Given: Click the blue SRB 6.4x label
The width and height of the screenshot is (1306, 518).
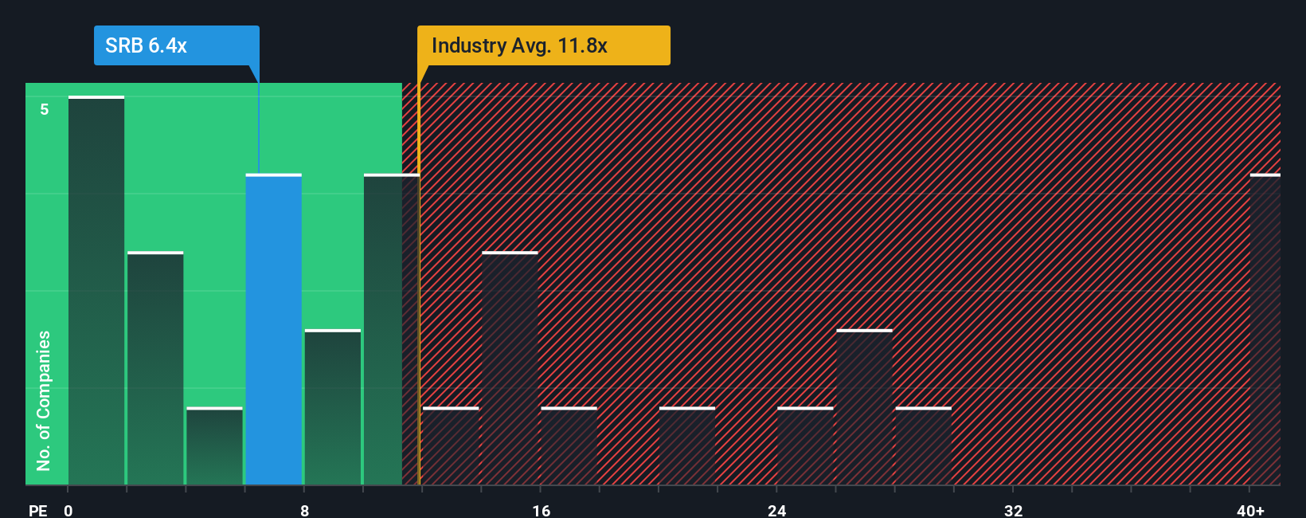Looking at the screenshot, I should (x=176, y=45).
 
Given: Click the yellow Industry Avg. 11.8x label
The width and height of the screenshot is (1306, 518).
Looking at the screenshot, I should (x=543, y=45).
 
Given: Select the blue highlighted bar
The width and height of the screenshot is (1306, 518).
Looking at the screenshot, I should (x=273, y=329).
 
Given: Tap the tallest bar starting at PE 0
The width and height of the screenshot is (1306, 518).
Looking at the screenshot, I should (x=96, y=291).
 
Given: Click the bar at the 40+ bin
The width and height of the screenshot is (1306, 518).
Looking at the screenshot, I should (x=1265, y=329).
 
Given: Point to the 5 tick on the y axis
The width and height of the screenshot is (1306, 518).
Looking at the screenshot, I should (x=45, y=109).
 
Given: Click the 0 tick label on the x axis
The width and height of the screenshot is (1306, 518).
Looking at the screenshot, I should (x=68, y=510).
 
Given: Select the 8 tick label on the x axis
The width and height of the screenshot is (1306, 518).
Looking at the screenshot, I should (x=304, y=510).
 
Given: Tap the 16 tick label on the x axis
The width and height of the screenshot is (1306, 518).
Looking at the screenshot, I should (x=541, y=510).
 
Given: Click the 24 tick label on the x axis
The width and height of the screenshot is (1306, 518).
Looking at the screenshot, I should (x=776, y=510).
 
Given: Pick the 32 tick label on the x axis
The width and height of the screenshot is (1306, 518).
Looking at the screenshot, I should (x=1013, y=510).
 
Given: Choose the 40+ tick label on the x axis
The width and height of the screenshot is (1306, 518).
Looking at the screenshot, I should (x=1250, y=510).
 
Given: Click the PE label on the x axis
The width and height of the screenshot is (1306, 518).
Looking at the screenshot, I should (x=37, y=510).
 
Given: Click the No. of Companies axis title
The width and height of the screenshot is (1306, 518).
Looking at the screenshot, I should (x=44, y=400).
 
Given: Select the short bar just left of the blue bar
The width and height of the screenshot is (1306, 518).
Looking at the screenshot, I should (x=214, y=446).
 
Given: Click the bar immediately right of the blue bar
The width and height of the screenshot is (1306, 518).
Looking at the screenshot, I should (x=332, y=407).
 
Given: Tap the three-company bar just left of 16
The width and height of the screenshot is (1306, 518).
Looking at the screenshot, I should (x=510, y=368).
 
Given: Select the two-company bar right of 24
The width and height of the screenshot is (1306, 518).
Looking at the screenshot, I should (x=864, y=407).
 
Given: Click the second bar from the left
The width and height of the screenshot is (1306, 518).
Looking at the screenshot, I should (x=155, y=368).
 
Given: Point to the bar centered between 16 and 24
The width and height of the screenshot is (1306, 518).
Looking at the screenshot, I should (x=686, y=446).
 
